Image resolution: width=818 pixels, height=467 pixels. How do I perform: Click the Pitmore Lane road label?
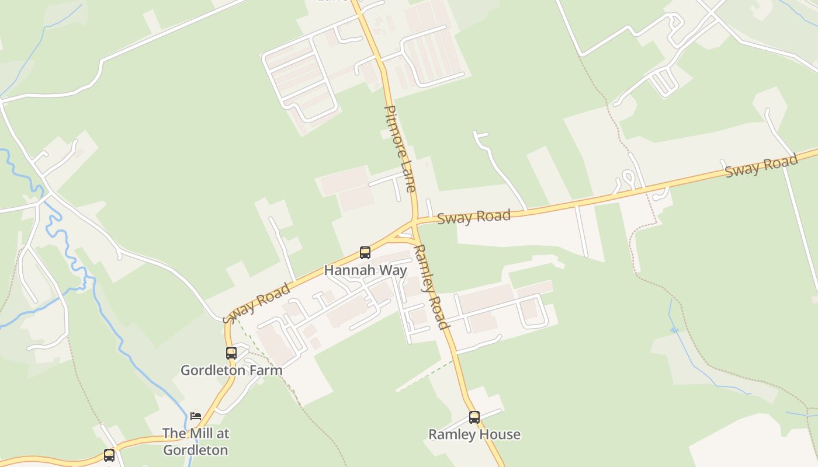tap(400, 149)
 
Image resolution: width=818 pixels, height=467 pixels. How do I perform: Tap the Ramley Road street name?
tap(432, 287)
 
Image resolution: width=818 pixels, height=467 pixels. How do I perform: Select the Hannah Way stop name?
tap(365, 270)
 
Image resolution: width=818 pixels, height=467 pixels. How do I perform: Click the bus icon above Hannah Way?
tap(365, 253)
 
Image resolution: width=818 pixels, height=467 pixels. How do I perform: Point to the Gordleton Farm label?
tap(231, 370)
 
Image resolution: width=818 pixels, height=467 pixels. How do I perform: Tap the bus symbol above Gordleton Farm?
tap(231, 353)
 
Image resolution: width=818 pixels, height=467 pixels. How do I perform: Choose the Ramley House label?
tap(474, 434)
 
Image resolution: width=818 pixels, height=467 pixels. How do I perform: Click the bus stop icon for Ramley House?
tap(474, 417)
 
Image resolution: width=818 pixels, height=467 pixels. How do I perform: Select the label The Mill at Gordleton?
tap(196, 442)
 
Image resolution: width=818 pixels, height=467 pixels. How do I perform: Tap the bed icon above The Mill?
tap(196, 416)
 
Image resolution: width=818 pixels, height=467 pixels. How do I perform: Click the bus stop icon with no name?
tap(109, 455)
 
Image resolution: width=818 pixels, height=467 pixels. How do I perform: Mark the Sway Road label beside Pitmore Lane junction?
tap(474, 217)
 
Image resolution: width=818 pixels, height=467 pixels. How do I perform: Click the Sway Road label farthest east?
tap(761, 166)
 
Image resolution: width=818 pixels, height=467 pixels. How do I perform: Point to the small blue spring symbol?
tap(674, 330)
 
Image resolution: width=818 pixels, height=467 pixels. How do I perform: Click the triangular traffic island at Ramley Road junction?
tap(405, 235)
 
